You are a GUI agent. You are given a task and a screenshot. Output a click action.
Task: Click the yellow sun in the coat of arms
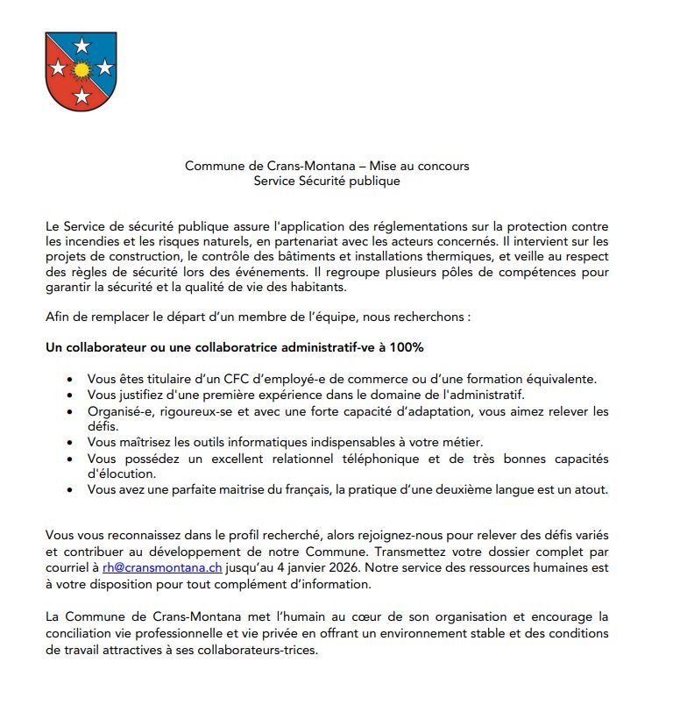pos(81,68)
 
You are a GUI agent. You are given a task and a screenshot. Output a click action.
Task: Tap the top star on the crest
pos(81,45)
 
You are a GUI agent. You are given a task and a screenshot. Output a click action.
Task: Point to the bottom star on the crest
pos(81,94)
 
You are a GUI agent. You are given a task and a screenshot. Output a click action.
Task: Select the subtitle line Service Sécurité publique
pos(326,181)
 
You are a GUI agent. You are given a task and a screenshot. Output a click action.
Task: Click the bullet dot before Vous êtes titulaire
pos(70,380)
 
